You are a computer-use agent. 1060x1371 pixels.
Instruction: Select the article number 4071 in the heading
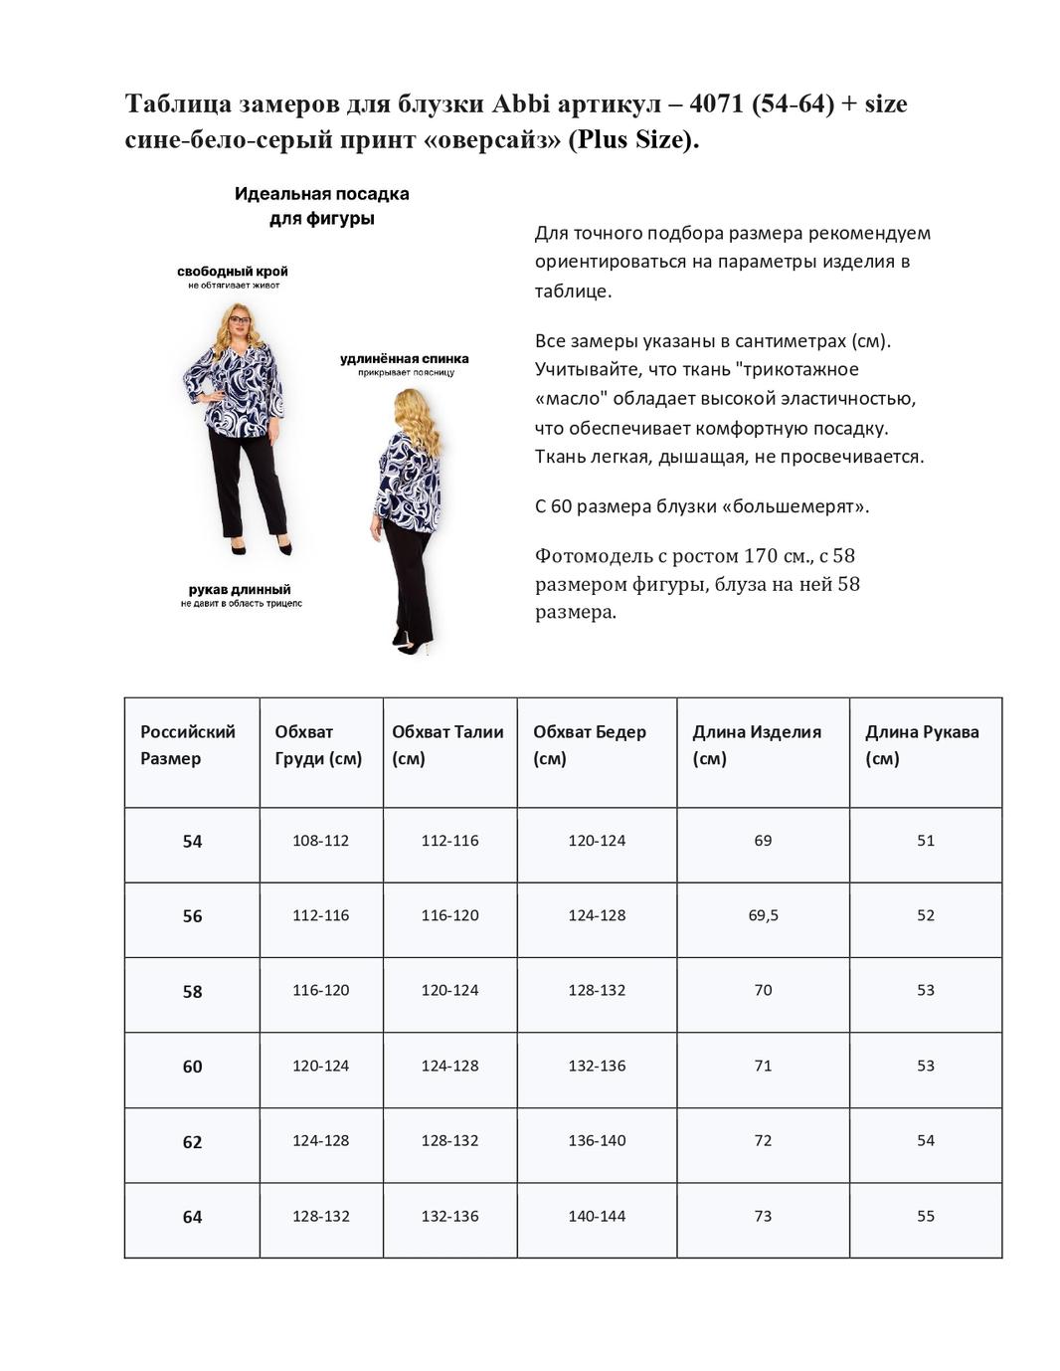point(715,103)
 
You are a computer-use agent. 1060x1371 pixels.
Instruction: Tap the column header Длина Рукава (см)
point(922,745)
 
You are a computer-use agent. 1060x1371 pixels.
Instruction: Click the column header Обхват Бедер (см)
point(590,745)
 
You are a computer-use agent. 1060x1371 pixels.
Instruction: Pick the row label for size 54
point(192,842)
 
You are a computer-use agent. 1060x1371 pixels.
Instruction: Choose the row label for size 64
point(192,1217)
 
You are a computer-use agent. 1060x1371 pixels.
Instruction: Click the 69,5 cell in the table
point(763,915)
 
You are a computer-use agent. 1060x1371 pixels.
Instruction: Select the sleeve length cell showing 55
point(925,1216)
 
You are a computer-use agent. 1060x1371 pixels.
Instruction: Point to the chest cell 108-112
point(320,841)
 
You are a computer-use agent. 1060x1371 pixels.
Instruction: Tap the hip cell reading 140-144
point(597,1216)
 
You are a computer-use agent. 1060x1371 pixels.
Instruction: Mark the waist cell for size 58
point(449,990)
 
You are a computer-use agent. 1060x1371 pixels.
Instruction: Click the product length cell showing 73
point(763,1216)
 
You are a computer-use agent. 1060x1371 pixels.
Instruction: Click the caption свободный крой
point(233,272)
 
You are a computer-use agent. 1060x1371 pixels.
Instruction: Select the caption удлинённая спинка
point(405,359)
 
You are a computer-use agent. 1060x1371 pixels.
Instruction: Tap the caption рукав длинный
point(240,590)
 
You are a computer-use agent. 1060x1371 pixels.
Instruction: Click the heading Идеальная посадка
point(321,194)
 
